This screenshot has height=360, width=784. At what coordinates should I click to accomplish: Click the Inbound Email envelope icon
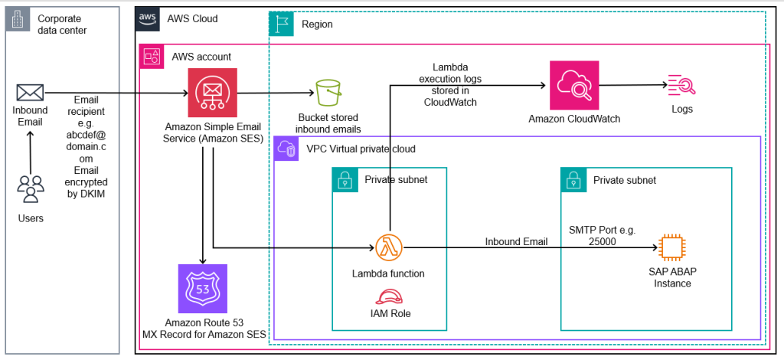click(x=30, y=93)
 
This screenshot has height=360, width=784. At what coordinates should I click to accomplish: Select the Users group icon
click(x=30, y=189)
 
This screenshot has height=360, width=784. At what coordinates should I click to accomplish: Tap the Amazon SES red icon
click(x=212, y=93)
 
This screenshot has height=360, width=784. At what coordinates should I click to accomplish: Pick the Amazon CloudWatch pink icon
click(x=573, y=87)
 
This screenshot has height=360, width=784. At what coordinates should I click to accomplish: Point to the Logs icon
click(x=681, y=86)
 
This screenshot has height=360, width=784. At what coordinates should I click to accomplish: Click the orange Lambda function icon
click(x=387, y=247)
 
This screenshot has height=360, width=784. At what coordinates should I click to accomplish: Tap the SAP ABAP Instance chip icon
click(x=671, y=247)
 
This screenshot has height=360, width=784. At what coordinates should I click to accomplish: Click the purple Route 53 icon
click(x=202, y=289)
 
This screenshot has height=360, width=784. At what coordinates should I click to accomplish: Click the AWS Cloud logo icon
click(x=147, y=19)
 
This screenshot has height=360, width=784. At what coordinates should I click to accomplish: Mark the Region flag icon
click(x=282, y=24)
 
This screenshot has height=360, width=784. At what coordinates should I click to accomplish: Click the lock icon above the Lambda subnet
click(x=344, y=180)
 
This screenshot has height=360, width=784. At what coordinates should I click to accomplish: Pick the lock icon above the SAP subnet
click(x=573, y=180)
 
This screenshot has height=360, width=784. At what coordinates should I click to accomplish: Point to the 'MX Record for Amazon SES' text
click(x=202, y=334)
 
